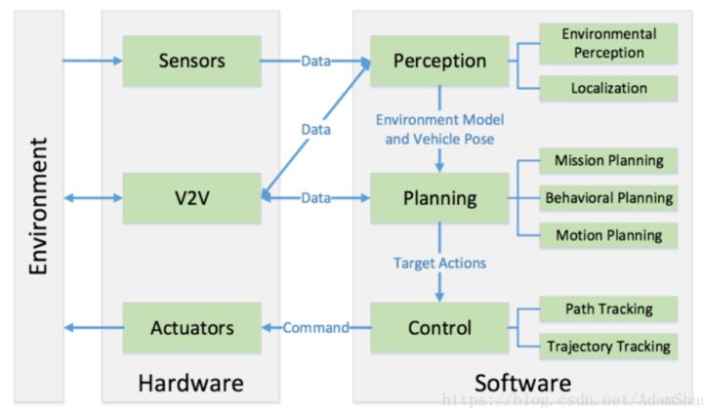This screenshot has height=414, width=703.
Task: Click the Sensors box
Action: click(191, 62)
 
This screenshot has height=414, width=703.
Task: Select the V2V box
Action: click(191, 198)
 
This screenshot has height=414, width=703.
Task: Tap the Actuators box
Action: click(191, 327)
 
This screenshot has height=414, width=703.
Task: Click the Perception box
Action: click(438, 62)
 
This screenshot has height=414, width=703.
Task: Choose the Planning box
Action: click(438, 198)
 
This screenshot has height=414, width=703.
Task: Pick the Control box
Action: click(438, 327)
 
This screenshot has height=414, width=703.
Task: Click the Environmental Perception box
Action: click(608, 42)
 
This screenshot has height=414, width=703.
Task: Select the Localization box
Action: click(608, 88)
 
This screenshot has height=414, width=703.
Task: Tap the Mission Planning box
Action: click(608, 160)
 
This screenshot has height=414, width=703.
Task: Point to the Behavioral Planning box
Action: click(608, 198)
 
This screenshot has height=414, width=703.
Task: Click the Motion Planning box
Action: click(608, 235)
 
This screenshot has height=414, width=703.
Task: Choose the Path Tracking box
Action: click(608, 310)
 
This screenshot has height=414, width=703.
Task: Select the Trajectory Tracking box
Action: click(608, 346)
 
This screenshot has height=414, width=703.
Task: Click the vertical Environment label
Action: click(38, 206)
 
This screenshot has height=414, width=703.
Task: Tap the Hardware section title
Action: click(191, 382)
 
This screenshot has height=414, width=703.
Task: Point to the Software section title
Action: click(522, 382)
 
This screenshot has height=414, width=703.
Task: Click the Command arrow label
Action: click(315, 328)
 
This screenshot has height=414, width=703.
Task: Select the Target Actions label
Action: click(438, 263)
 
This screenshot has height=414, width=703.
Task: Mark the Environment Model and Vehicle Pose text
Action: click(438, 128)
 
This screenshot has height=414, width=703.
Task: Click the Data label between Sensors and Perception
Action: click(315, 62)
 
